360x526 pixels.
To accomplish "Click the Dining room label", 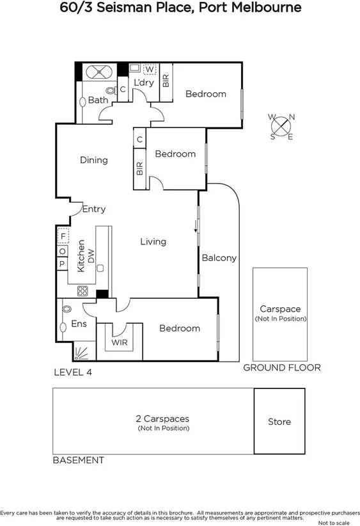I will coord(94,160).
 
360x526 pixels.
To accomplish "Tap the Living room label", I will coord(153,241).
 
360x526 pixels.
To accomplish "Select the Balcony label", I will coord(219,259).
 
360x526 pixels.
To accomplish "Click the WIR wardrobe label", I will coord(120,342).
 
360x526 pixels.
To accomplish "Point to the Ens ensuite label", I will coord(79,324).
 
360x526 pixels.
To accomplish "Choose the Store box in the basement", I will coord(279,422).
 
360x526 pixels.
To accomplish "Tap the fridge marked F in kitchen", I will coord(63,236).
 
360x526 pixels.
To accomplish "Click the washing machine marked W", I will coord(150,69).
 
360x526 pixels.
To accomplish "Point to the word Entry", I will coord(93,209).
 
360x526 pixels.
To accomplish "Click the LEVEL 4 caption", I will coord(73,372).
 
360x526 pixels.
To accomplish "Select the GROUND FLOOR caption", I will coord(281,368).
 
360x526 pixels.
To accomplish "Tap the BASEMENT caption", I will coord(78,460).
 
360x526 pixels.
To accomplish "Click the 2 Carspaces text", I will coord(162,419).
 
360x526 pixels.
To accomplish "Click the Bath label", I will coord(98,100).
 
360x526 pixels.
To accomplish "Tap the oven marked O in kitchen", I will coord(63,251).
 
